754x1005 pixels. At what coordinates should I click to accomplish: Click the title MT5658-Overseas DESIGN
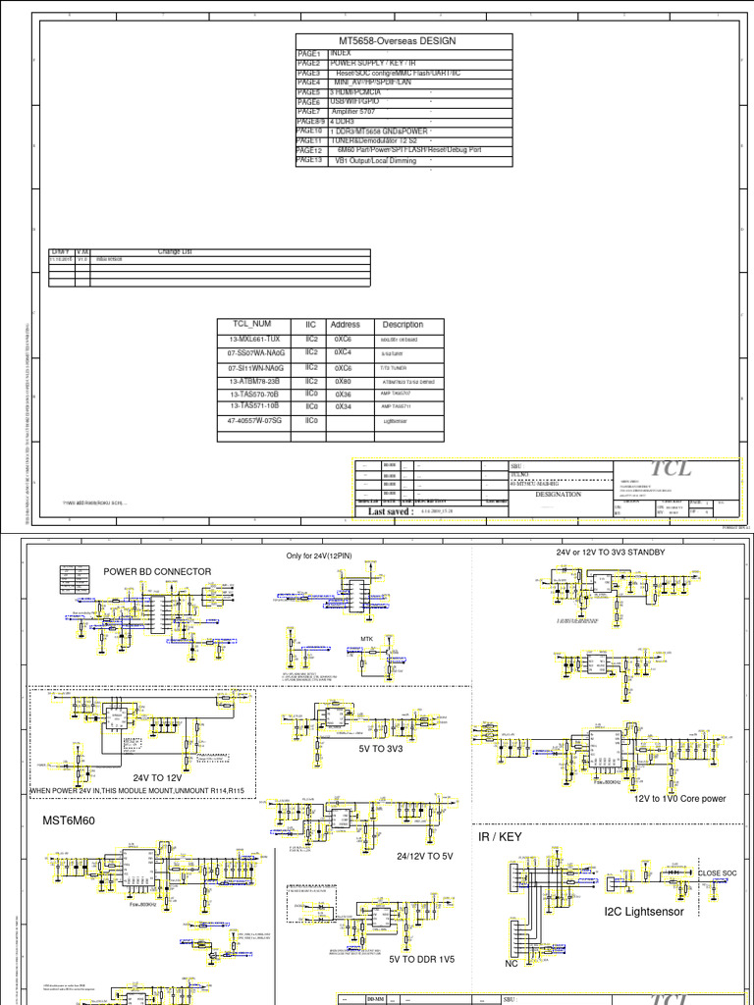(x=398, y=41)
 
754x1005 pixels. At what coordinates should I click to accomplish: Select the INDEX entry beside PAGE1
(x=341, y=54)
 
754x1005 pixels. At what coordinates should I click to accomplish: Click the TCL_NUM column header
(x=251, y=324)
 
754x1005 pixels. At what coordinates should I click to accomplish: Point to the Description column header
(x=403, y=324)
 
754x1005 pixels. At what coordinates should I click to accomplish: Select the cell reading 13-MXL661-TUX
(x=254, y=339)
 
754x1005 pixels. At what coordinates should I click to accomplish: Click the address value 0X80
(x=344, y=380)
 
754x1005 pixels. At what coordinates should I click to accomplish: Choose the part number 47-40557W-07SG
(x=254, y=419)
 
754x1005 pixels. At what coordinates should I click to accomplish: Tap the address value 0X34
(x=344, y=404)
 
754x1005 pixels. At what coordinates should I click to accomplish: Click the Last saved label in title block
(x=392, y=511)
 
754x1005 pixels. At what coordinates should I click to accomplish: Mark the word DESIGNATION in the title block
(x=559, y=495)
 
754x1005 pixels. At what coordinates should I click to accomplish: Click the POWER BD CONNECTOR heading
(x=157, y=572)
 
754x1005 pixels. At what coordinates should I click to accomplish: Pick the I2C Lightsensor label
(x=644, y=912)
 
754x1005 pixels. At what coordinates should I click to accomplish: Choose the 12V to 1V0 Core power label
(x=679, y=798)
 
